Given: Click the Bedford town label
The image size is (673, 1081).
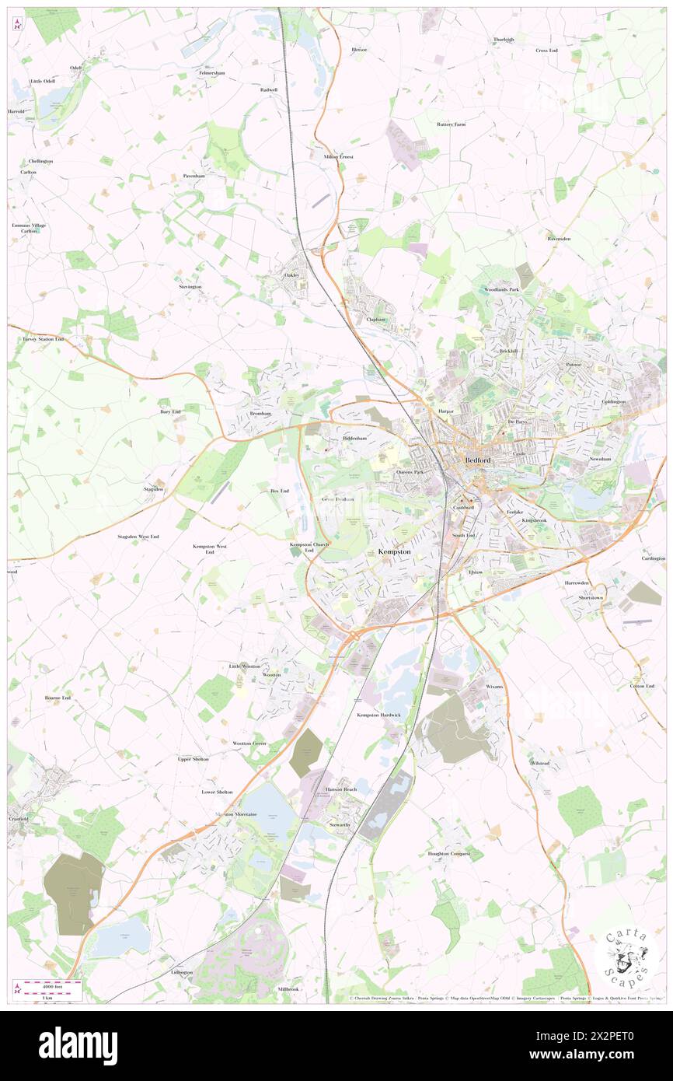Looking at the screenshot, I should [x=477, y=460].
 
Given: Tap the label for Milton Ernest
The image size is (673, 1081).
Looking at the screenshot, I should [x=338, y=156].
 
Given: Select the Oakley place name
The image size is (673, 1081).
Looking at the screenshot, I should [x=291, y=275].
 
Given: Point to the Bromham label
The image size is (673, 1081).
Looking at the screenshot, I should [x=260, y=414].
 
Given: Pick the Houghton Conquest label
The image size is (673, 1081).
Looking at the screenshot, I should [x=449, y=854].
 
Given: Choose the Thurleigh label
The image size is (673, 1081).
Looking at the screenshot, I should [x=504, y=40].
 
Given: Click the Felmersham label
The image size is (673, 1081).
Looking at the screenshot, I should [x=211, y=73].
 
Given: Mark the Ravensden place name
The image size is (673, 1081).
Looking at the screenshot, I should [x=559, y=239].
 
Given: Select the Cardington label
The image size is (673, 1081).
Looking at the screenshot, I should [x=654, y=558].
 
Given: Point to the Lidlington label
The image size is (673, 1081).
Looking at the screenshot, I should [x=182, y=973].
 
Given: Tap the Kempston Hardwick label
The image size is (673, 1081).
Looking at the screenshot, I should [x=378, y=715].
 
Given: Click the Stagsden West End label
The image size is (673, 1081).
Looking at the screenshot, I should [x=138, y=537].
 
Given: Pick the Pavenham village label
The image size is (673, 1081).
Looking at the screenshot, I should [x=194, y=176].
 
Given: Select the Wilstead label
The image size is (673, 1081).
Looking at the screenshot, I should [x=539, y=763].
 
